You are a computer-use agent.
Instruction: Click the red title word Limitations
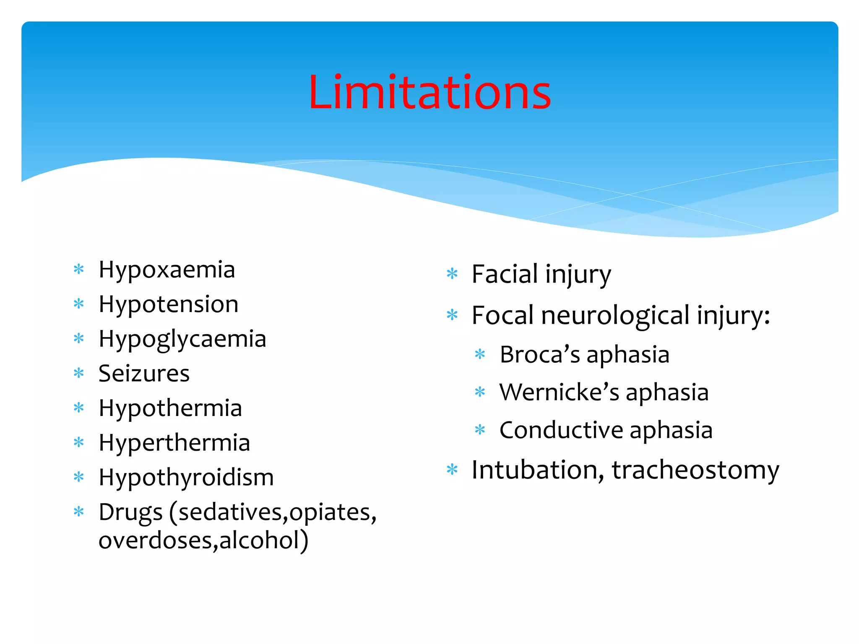click(429, 93)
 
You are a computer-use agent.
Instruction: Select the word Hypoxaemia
click(167, 270)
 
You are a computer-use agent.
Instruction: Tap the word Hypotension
click(168, 304)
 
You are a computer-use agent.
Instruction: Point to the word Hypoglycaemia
click(182, 339)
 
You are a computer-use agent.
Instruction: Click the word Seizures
click(144, 374)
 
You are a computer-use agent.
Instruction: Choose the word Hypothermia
click(170, 408)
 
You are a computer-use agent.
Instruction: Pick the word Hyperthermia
click(174, 443)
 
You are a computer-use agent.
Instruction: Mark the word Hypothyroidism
click(186, 478)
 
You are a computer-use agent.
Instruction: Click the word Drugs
click(130, 512)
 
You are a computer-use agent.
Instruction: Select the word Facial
click(505, 275)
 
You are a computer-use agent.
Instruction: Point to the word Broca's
click(540, 355)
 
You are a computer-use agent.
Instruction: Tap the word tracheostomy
click(695, 470)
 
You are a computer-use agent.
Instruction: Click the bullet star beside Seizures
click(79, 373)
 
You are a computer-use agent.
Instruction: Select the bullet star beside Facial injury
click(452, 274)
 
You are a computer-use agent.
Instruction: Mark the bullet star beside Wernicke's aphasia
click(480, 392)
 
